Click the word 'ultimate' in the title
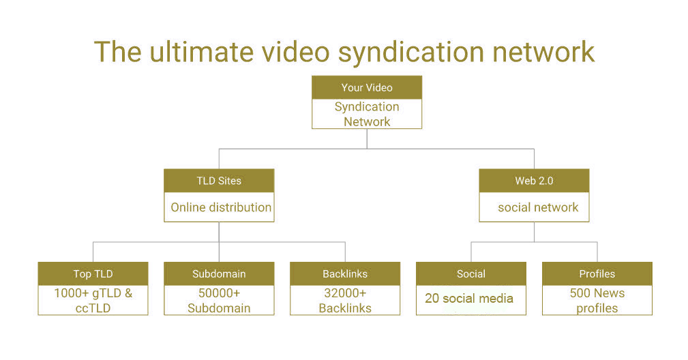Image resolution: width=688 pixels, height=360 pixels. click(x=201, y=52)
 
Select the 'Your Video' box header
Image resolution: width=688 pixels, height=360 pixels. click(x=367, y=87)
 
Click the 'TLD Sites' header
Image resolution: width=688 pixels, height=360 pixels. click(x=219, y=181)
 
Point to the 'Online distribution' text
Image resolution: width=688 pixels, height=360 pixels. click(x=221, y=207)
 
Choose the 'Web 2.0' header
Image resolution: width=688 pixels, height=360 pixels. click(x=534, y=181)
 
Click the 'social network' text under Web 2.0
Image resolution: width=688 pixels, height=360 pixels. click(x=538, y=207)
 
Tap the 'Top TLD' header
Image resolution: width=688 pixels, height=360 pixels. click(x=93, y=273)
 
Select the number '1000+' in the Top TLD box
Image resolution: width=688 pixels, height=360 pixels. click(x=71, y=293)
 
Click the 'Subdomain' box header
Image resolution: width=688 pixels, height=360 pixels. click(x=219, y=273)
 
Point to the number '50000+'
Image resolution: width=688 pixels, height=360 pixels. click(x=219, y=293)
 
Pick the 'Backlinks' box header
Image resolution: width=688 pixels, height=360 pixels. click(x=345, y=273)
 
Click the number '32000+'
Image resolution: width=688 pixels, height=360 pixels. click(x=345, y=293)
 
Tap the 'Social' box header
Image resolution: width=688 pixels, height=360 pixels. click(x=470, y=273)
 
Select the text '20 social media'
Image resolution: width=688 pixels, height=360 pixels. click(x=469, y=298)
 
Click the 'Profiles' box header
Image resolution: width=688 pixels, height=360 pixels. click(x=597, y=273)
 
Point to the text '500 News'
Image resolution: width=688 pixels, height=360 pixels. click(x=597, y=293)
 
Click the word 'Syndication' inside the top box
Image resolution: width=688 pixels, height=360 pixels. click(x=367, y=106)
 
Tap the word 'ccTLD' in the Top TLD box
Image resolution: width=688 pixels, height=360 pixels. click(x=93, y=308)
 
